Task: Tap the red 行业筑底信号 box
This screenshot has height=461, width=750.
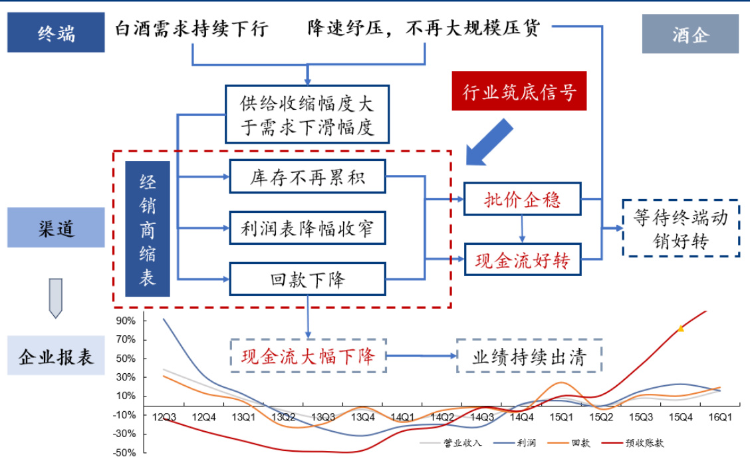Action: coord(519,90)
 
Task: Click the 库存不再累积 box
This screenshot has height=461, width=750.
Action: coord(307,176)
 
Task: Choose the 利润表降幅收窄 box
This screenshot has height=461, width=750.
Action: coord(307,229)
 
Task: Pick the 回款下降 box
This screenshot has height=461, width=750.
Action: coord(307,279)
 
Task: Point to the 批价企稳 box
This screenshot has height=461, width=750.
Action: coord(523,199)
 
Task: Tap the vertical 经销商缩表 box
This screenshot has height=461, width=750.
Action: coord(148,228)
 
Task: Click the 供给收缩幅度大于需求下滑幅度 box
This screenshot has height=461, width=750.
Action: coord(307,114)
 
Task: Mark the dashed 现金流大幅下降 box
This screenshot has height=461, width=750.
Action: coord(308,356)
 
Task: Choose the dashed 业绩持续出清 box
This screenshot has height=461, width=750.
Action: coord(529,357)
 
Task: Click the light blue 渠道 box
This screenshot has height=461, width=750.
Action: coord(56,228)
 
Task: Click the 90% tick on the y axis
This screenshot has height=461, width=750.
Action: coord(126,321)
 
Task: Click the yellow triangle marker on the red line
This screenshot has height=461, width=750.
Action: coord(681,328)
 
